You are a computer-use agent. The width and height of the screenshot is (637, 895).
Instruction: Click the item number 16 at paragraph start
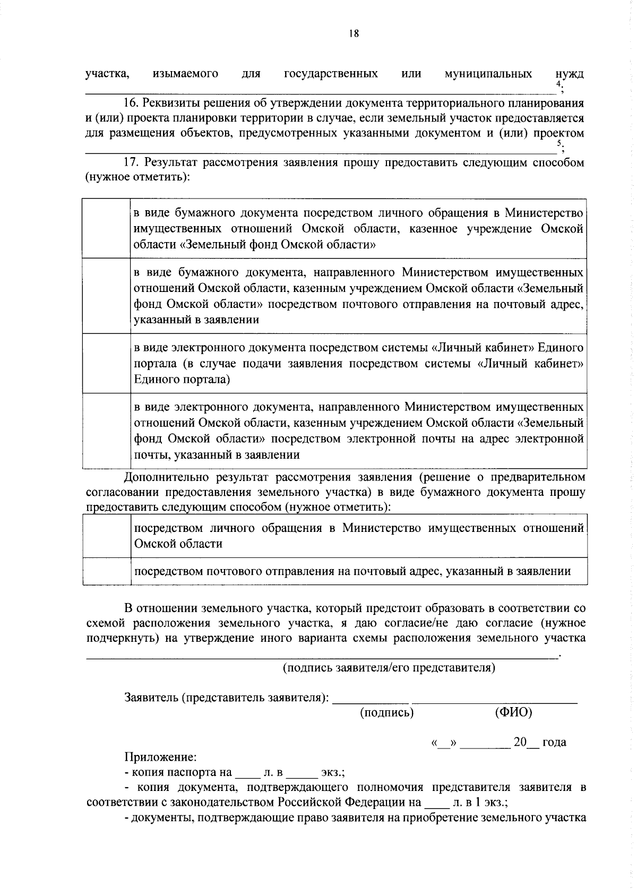point(131,103)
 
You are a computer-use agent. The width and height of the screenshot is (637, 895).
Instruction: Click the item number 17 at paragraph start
point(131,162)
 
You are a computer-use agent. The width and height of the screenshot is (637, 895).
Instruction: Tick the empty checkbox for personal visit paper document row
point(107,229)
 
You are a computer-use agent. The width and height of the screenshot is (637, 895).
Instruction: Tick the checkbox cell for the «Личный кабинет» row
point(107,364)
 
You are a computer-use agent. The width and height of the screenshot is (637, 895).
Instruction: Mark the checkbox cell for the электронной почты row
point(107,431)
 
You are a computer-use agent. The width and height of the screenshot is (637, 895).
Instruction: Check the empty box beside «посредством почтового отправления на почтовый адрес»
point(107,571)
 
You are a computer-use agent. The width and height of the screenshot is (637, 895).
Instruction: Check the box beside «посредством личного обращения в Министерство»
point(107,536)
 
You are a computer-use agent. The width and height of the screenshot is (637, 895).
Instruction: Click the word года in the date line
point(554,742)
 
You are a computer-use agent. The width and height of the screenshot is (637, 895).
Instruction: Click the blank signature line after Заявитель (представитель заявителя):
point(371,700)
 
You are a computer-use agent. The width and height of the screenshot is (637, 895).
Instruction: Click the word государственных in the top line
point(331,73)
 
